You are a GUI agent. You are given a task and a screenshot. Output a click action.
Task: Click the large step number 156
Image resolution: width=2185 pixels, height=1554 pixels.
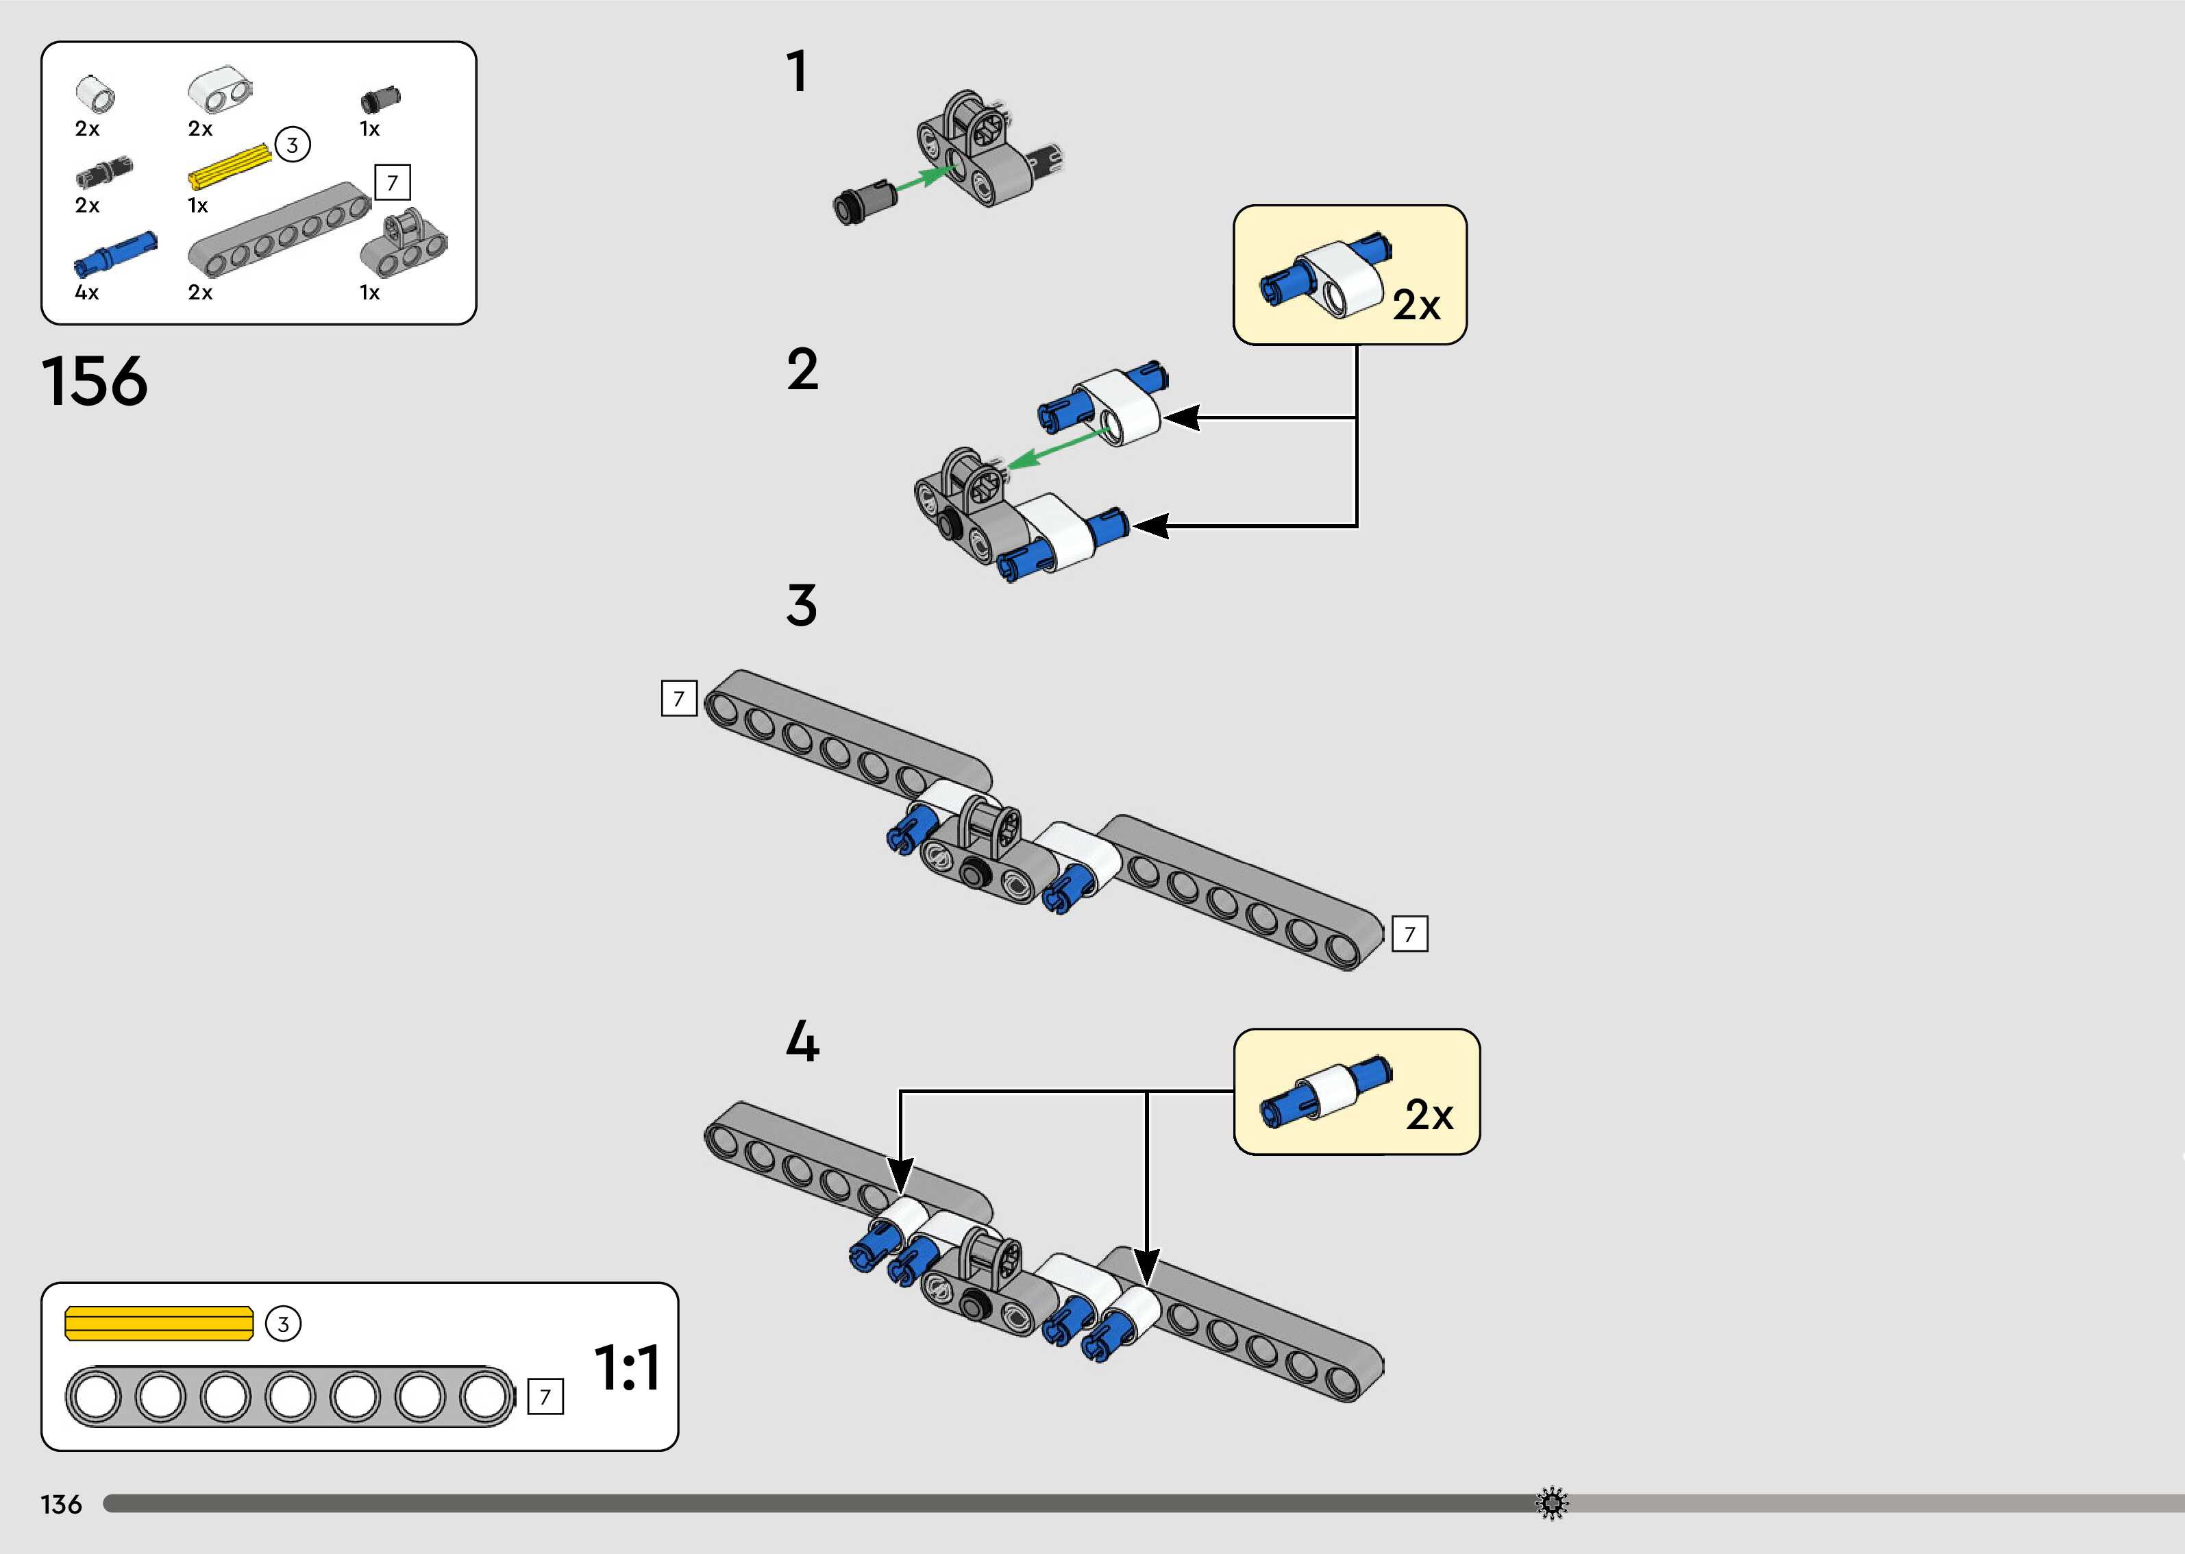[95, 382]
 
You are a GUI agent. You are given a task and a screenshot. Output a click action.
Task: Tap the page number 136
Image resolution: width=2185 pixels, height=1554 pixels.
[61, 1504]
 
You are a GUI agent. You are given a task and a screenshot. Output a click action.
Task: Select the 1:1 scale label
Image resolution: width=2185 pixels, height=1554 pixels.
[627, 1368]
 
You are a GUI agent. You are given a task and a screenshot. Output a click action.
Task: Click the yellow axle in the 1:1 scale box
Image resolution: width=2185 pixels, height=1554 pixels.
[159, 1323]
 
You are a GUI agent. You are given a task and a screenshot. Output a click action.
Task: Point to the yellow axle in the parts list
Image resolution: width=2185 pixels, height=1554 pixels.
[230, 166]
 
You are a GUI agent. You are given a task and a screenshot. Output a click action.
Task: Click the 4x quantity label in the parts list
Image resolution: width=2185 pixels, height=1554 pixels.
[86, 293]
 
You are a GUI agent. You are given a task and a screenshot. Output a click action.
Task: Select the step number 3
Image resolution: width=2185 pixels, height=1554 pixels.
[802, 606]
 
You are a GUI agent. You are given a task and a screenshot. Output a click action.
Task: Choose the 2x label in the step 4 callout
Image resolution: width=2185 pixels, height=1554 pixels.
[1429, 1115]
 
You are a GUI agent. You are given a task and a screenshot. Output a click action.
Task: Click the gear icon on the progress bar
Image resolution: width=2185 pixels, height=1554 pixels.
[1552, 1503]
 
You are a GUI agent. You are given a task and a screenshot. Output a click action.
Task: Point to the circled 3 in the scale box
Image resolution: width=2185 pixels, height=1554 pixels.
[283, 1324]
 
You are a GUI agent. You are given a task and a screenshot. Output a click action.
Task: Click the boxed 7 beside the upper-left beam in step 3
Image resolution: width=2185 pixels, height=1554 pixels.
[679, 698]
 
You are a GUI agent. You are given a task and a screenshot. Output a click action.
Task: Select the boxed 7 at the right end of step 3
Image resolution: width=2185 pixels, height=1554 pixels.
[1409, 934]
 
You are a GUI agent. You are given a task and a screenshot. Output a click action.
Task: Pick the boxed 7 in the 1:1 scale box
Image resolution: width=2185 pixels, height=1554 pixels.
[545, 1397]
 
